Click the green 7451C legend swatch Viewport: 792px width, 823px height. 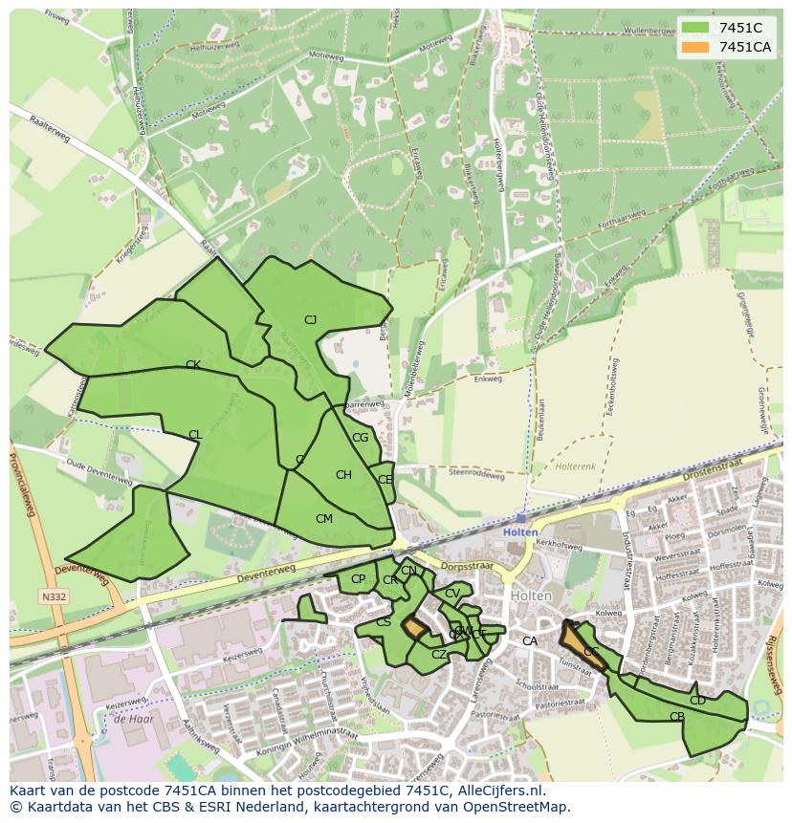[695, 28]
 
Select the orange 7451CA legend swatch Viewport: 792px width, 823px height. [695, 47]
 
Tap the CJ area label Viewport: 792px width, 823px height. [310, 320]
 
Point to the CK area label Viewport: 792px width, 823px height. [192, 365]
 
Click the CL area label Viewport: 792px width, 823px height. [195, 435]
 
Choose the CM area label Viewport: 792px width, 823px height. [324, 519]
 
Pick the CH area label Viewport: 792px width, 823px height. [343, 475]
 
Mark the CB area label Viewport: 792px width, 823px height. [676, 717]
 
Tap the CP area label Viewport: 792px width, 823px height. [358, 579]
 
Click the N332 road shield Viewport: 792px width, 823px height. [54, 597]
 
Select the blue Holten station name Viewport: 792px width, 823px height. [520, 532]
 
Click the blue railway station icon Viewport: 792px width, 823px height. [520, 518]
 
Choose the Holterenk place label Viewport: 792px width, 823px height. [576, 467]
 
